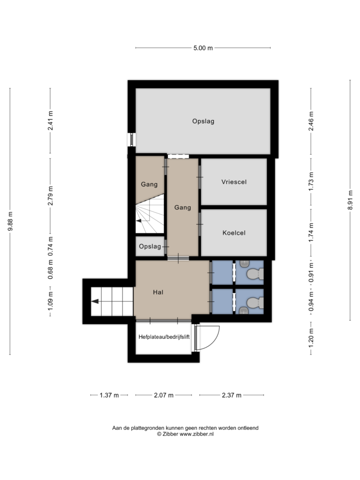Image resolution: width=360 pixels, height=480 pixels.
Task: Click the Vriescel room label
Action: tap(234, 182)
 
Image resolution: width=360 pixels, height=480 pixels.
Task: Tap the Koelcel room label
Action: tap(234, 233)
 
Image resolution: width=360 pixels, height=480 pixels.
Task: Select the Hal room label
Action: tap(158, 292)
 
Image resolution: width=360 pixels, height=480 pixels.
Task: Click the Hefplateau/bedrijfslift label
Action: tap(164, 337)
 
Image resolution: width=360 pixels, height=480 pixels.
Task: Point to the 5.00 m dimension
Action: tap(203, 48)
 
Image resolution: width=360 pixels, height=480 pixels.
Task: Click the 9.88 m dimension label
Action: tap(10, 221)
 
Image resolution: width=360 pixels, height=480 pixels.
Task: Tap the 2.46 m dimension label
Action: tap(311, 121)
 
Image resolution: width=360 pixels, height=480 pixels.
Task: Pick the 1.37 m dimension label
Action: tap(109, 395)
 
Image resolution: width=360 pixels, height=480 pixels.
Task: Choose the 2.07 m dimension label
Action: tap(164, 395)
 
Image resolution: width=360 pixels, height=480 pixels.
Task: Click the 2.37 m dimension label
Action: tap(232, 395)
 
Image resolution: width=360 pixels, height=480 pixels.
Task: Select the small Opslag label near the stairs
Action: tap(150, 247)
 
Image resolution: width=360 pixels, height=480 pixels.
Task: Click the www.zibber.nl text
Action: tap(196, 434)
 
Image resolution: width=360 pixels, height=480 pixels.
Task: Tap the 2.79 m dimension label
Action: tap(51, 195)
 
